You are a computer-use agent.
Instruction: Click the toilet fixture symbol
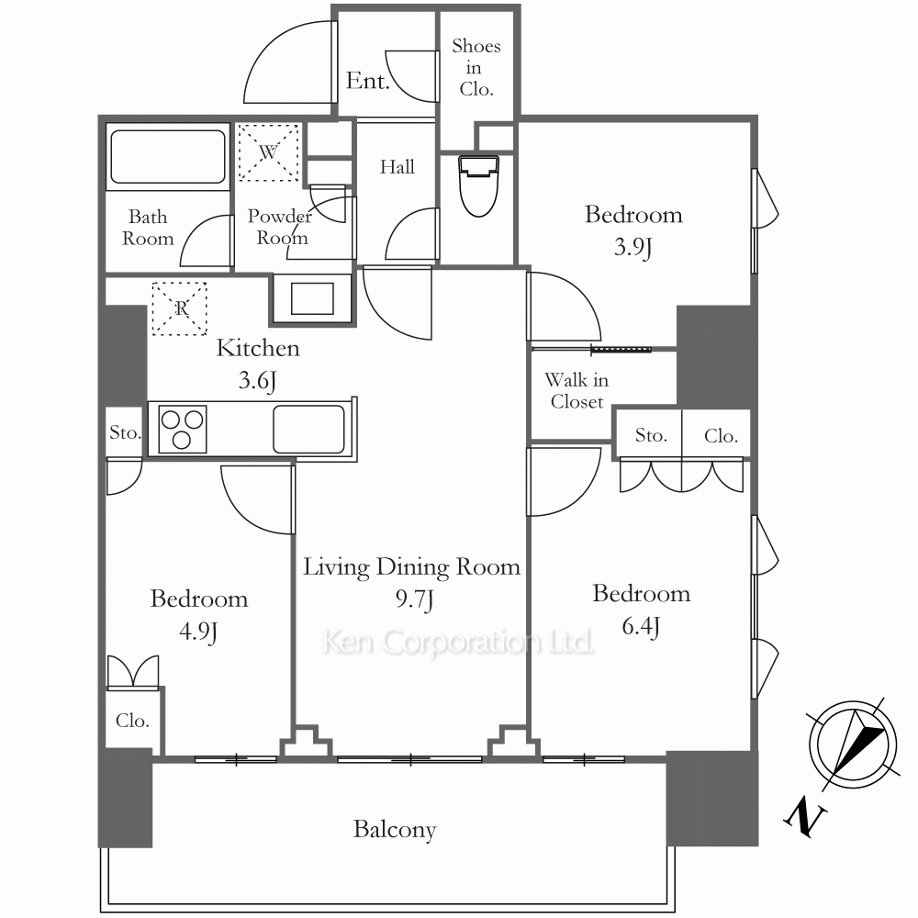click(479, 185)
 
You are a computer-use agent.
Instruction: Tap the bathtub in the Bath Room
click(168, 157)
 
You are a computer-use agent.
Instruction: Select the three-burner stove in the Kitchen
click(182, 429)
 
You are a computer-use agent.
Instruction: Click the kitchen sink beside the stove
click(308, 429)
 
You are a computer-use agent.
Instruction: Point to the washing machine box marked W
click(268, 152)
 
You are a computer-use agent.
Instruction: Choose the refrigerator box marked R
click(180, 308)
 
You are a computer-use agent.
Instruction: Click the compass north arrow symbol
click(856, 744)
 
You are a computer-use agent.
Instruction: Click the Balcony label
click(395, 830)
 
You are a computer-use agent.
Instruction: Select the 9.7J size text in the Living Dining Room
click(415, 599)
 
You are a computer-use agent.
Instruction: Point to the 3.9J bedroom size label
click(633, 247)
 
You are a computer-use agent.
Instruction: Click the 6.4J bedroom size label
click(641, 626)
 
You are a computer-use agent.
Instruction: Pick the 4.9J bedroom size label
click(199, 632)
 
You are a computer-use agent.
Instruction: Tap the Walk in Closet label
click(577, 391)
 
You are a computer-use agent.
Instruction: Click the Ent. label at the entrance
click(368, 80)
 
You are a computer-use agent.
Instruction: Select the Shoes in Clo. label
click(476, 67)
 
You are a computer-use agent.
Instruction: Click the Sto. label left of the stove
click(125, 432)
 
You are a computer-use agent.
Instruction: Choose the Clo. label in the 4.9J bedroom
click(132, 720)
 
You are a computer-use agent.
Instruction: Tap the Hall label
click(397, 167)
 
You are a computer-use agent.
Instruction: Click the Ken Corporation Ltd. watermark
click(458, 643)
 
